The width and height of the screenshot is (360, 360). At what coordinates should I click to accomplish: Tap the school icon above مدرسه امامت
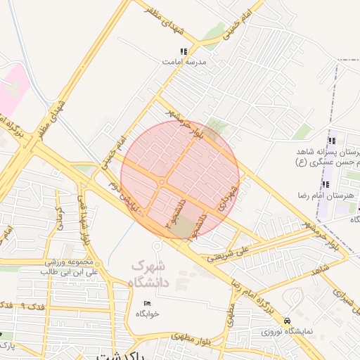[184, 51]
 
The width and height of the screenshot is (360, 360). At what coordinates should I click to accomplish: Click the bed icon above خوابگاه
[147, 303]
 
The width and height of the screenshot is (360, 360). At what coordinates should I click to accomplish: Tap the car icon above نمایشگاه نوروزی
[288, 321]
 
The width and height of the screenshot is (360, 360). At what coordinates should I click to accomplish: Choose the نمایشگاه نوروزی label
[288, 331]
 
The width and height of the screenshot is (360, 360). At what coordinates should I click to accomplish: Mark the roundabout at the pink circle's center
[162, 182]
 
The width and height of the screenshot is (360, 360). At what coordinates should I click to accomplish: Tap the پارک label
[6, 345]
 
